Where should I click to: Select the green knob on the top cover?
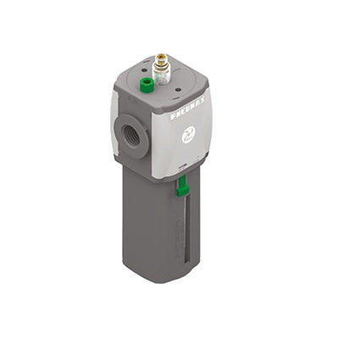pyautogui.click(x=146, y=85)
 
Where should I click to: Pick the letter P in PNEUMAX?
pyautogui.click(x=173, y=116)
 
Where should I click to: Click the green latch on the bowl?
pyautogui.click(x=182, y=187)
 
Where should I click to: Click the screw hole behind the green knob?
pyautogui.click(x=145, y=69)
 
